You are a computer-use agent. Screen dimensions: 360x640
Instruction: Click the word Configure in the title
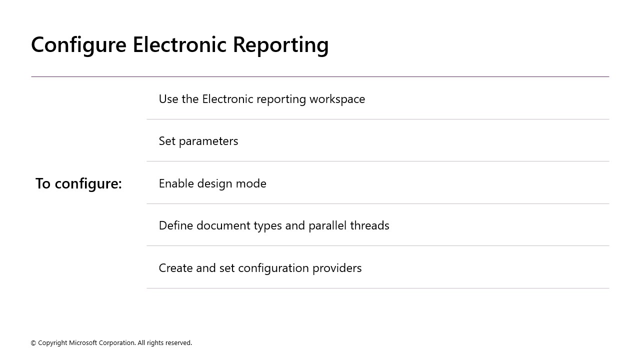(78, 45)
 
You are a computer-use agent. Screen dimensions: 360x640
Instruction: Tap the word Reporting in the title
(280, 45)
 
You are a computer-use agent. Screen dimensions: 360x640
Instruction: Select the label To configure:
(78, 183)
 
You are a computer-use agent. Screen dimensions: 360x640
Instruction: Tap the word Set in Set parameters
(167, 141)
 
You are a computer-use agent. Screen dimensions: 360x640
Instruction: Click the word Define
(176, 225)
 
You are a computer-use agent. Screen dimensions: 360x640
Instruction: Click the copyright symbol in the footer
(33, 343)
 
